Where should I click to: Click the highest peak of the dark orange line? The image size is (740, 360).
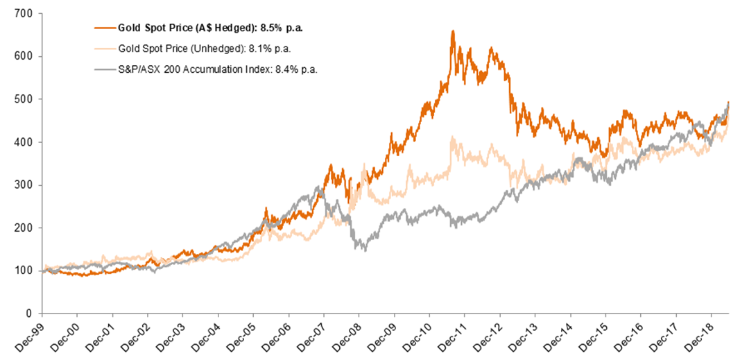[x=453, y=31]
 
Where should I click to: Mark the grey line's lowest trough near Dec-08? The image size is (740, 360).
[x=365, y=250]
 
